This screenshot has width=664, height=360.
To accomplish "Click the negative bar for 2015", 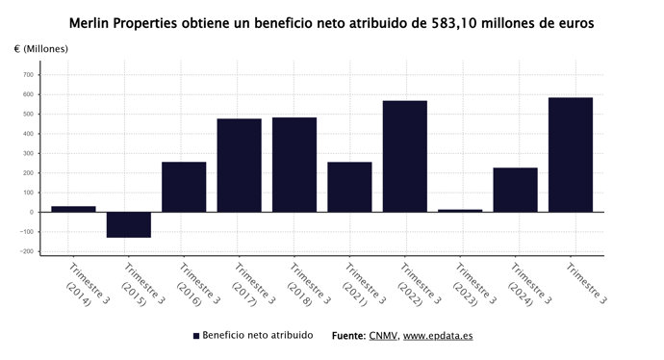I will pyautogui.click(x=128, y=224).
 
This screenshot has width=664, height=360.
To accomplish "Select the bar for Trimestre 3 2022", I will pyautogui.click(x=404, y=156).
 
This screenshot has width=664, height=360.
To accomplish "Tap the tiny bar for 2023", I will pyautogui.click(x=460, y=210).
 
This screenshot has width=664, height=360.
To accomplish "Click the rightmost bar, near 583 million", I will pyautogui.click(x=571, y=155).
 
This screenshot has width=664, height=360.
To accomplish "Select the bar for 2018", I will pyautogui.click(x=294, y=165).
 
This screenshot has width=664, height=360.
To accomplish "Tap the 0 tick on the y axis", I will pyautogui.click(x=31, y=212).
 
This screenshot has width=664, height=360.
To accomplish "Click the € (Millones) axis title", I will pyautogui.click(x=41, y=48).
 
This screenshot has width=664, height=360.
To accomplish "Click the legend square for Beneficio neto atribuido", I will pyautogui.click(x=195, y=336).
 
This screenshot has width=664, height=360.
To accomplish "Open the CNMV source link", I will pyautogui.click(x=381, y=336).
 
